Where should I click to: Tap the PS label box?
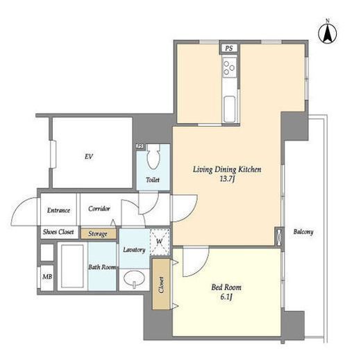pos(229,49)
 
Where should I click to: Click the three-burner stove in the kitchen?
pos(229,67)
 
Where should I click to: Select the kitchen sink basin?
pos(230,109)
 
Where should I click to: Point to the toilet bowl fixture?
pos(154,157)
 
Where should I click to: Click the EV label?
pos(89,157)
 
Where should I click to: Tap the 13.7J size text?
pos(227,179)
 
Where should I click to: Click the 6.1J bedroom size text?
pos(226,297)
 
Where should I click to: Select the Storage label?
pos(98,234)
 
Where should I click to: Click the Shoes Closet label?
pos(58,232)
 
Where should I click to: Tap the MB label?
pos(47,276)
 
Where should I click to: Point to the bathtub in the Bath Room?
pos(72,266)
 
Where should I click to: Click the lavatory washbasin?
pos(134,279)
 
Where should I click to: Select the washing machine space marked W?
pos(160,241)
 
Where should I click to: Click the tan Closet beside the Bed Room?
pos(161,284)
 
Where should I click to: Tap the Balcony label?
pos(303,232)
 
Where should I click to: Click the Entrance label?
pos(58,210)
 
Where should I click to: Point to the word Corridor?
pos(99,209)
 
